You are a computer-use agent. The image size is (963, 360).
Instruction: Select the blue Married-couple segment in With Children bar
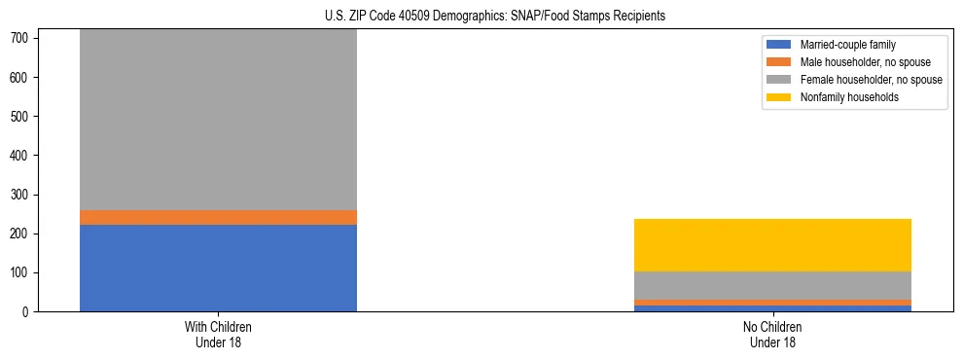point(218,268)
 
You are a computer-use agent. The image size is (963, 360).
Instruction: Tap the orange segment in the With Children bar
point(218,217)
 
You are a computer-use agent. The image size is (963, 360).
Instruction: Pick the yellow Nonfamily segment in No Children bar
point(772,245)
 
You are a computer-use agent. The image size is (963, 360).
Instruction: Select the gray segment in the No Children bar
point(772,285)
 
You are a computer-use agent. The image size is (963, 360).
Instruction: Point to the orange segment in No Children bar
point(772,303)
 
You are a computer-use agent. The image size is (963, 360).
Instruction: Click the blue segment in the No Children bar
point(772,308)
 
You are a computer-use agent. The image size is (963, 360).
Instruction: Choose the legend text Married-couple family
point(847,45)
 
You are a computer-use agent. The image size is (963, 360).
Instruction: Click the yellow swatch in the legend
point(779,97)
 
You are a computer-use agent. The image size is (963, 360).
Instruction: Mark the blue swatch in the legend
point(779,45)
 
